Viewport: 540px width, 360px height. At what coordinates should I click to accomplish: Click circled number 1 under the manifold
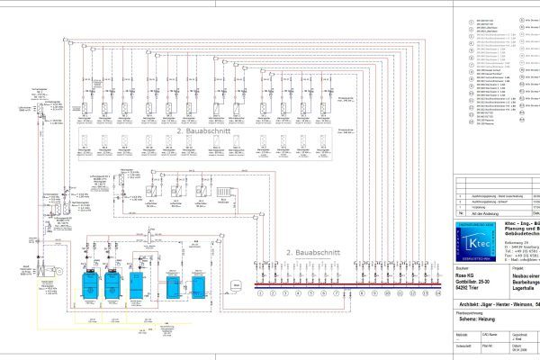click(259, 292)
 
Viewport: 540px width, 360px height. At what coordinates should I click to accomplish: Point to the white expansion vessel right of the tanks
click(236, 285)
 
